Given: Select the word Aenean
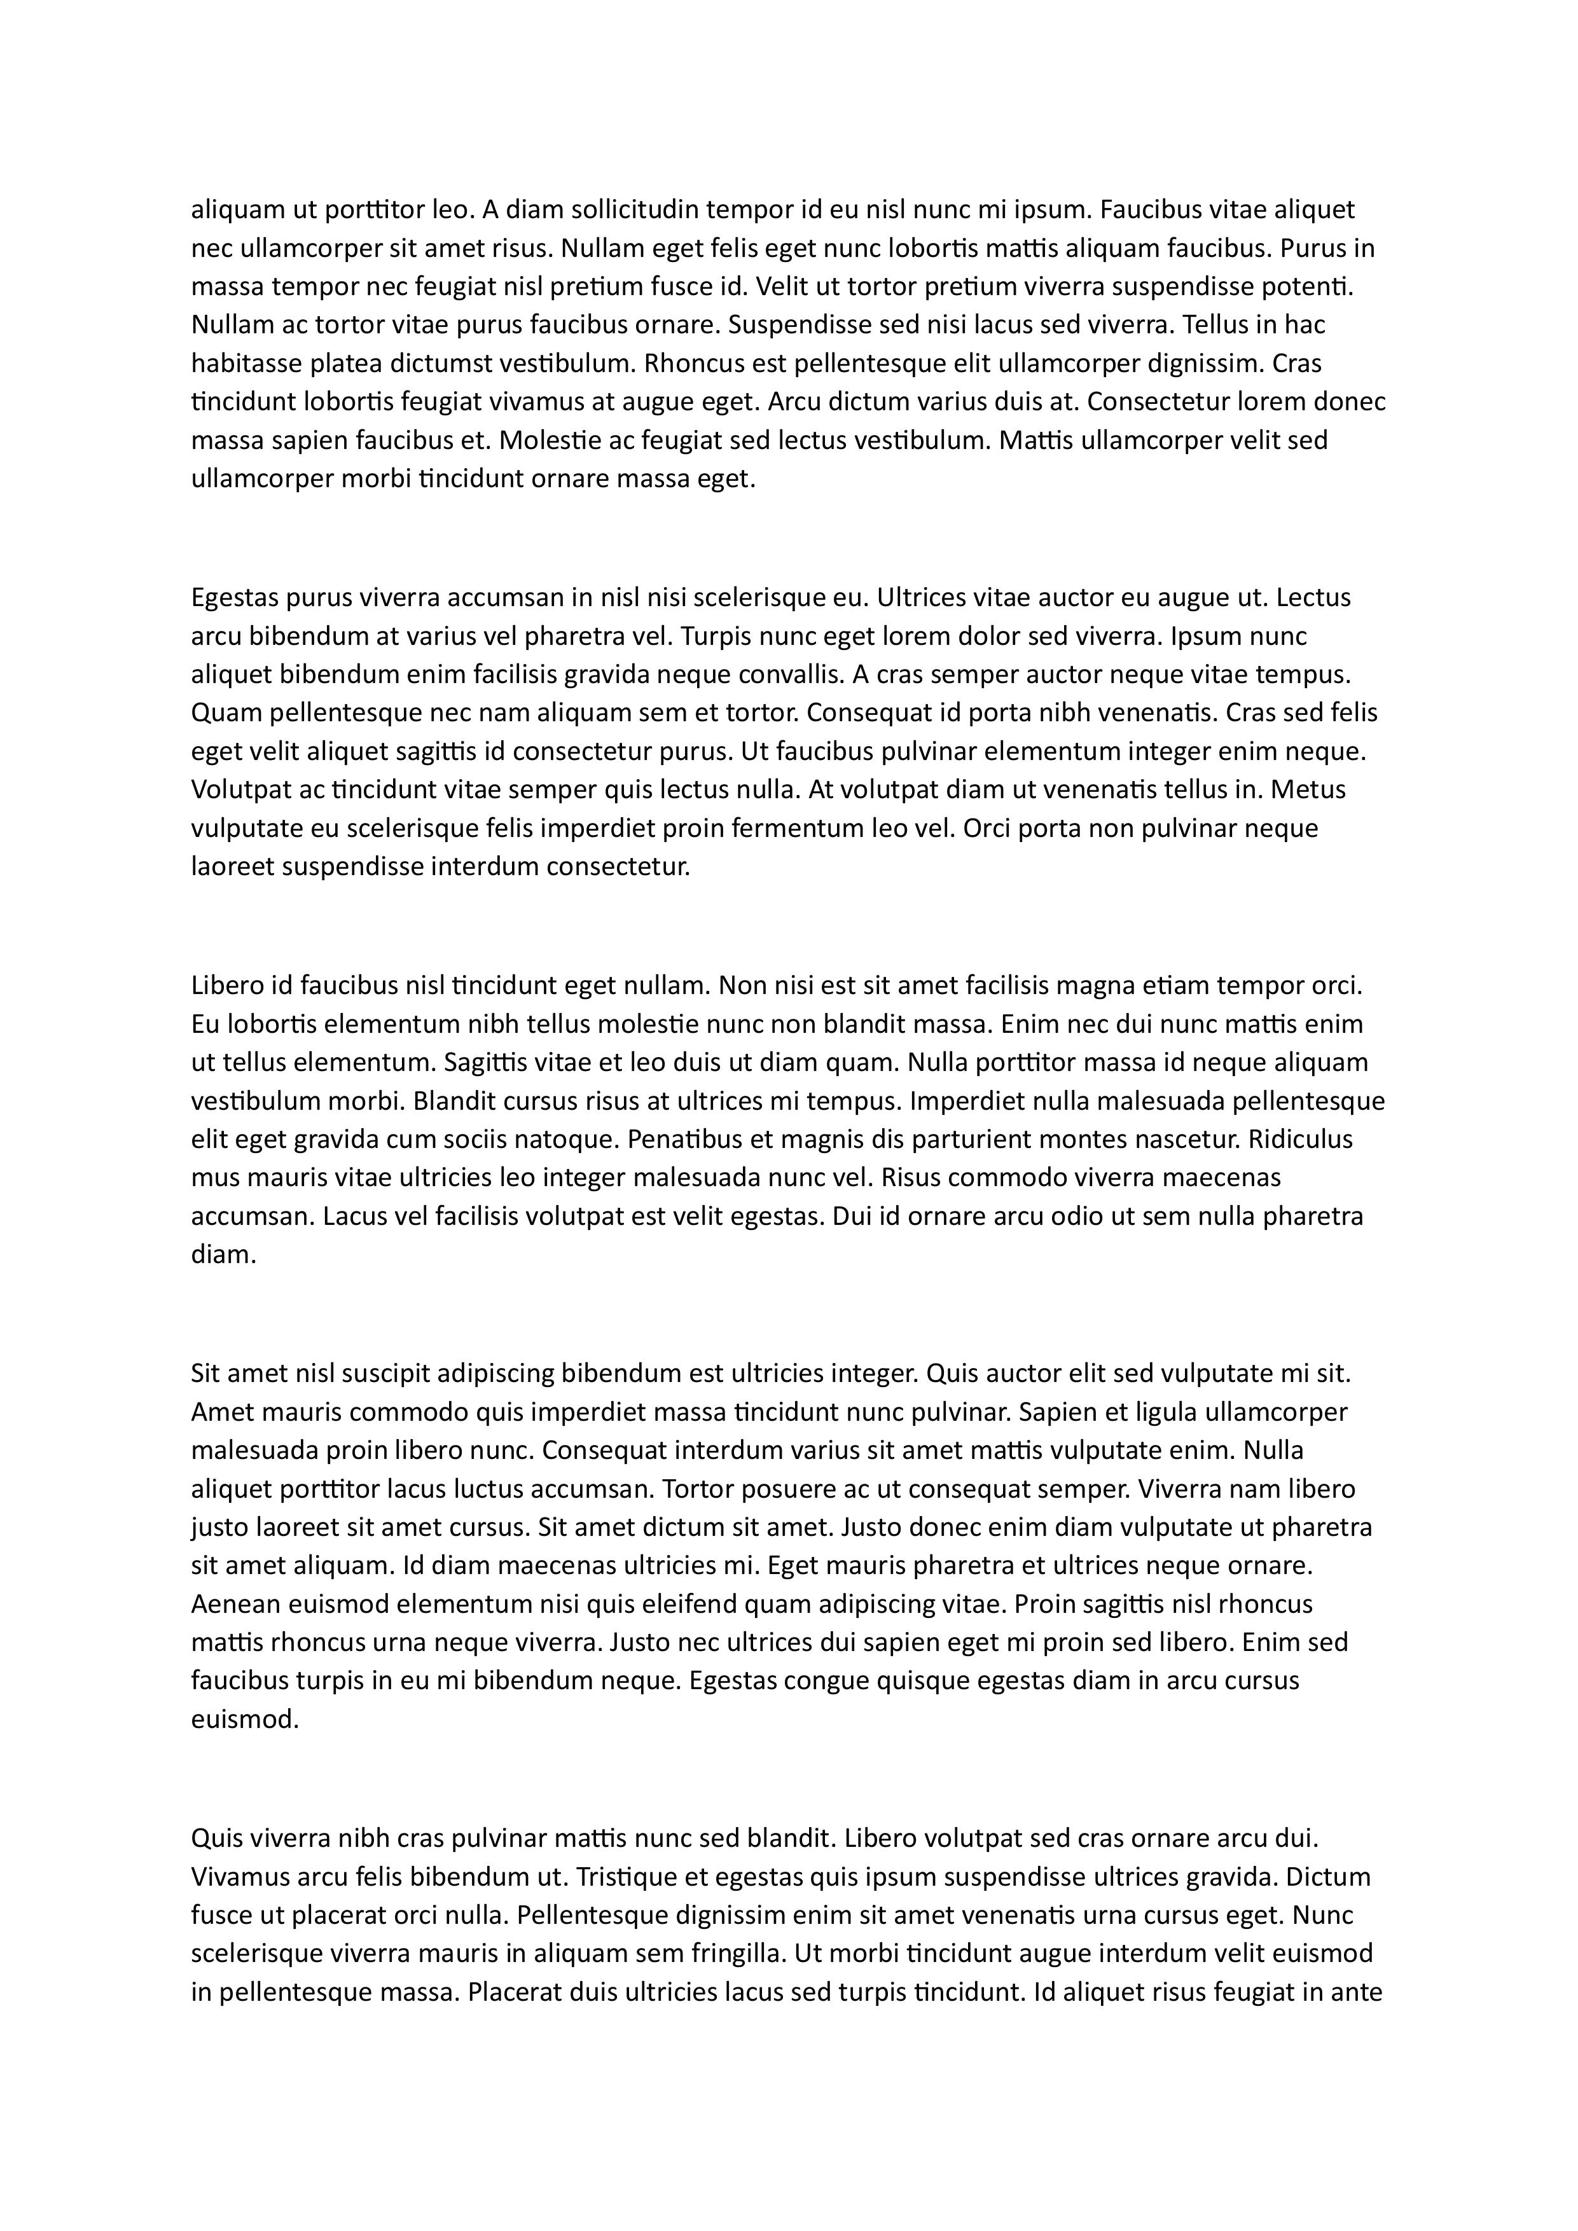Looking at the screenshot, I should click(x=232, y=1605).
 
